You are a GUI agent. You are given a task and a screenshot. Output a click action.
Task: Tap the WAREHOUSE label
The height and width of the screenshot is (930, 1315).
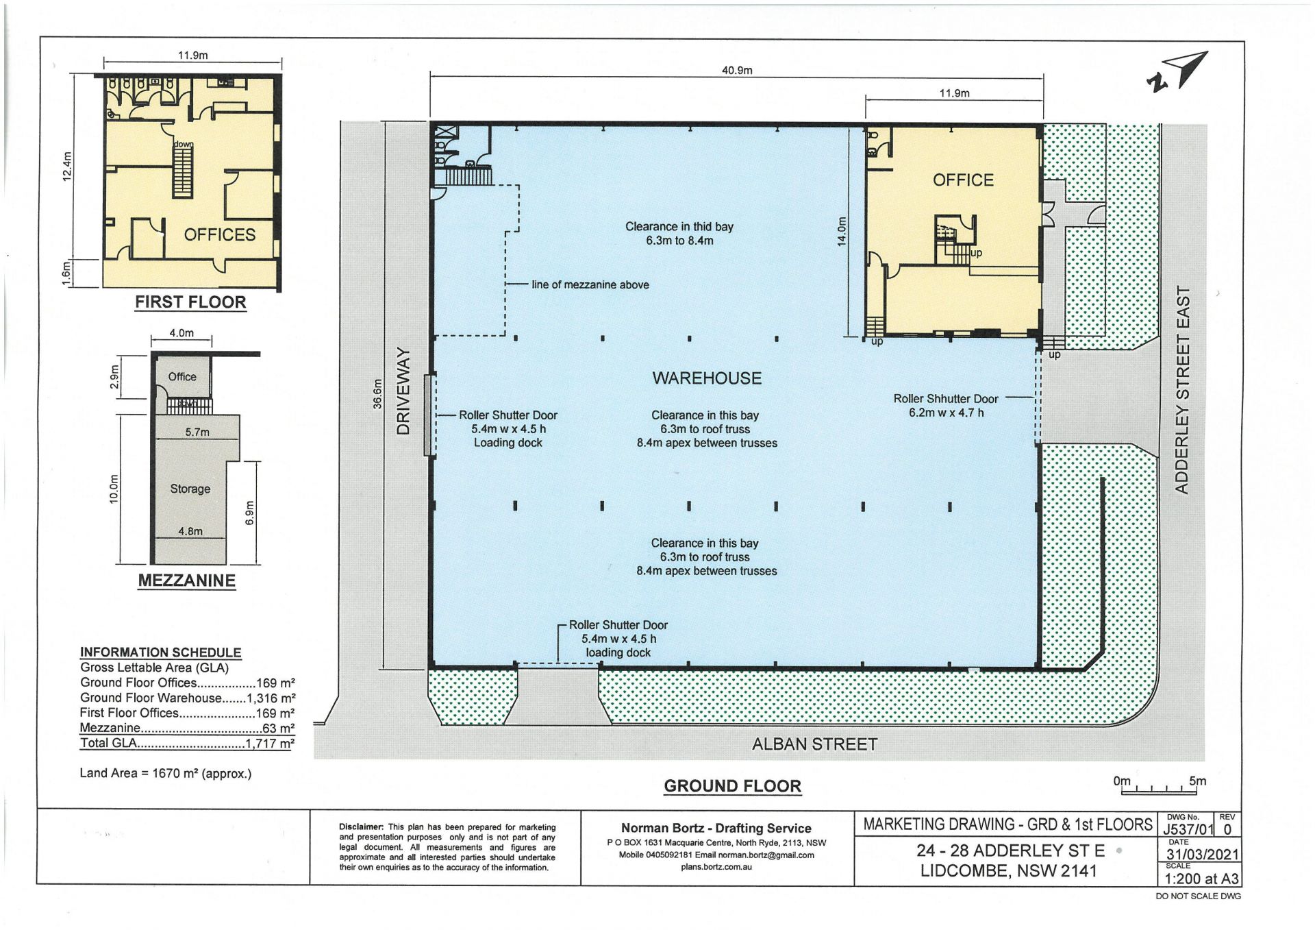pos(707,378)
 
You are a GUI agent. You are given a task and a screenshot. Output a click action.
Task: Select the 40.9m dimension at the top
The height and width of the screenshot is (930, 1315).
pos(737,70)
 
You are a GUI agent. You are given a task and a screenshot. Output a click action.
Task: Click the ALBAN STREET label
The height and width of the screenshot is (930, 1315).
pos(814,744)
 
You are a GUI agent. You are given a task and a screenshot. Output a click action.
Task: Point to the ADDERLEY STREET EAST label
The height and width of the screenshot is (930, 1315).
pos(1183,390)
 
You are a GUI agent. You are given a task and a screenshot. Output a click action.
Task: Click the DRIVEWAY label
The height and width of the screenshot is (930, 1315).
pos(403,391)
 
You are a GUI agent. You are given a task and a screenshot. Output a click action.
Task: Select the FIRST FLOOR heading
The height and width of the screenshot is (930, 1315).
pos(190,302)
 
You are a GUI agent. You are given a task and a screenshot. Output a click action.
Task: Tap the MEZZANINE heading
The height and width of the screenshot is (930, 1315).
pos(187,580)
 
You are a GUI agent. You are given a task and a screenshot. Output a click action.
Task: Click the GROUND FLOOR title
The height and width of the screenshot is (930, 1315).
pos(732,786)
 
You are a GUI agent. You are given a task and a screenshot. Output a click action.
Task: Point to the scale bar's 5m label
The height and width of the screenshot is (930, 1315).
pos(1198,781)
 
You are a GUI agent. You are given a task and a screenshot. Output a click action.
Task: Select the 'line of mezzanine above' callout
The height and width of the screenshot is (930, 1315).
pos(590,285)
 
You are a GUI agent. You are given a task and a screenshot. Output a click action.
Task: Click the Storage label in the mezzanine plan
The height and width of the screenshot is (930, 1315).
pos(190,489)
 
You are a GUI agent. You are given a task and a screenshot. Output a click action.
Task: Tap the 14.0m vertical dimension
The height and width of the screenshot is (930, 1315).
pos(842,232)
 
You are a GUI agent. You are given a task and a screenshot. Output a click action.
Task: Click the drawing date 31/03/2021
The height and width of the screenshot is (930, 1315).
pos(1203,855)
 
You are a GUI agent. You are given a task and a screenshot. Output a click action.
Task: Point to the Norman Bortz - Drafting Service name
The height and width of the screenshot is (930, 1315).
pos(716,828)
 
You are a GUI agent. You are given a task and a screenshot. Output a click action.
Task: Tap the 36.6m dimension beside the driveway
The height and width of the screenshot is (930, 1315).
pos(377,395)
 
